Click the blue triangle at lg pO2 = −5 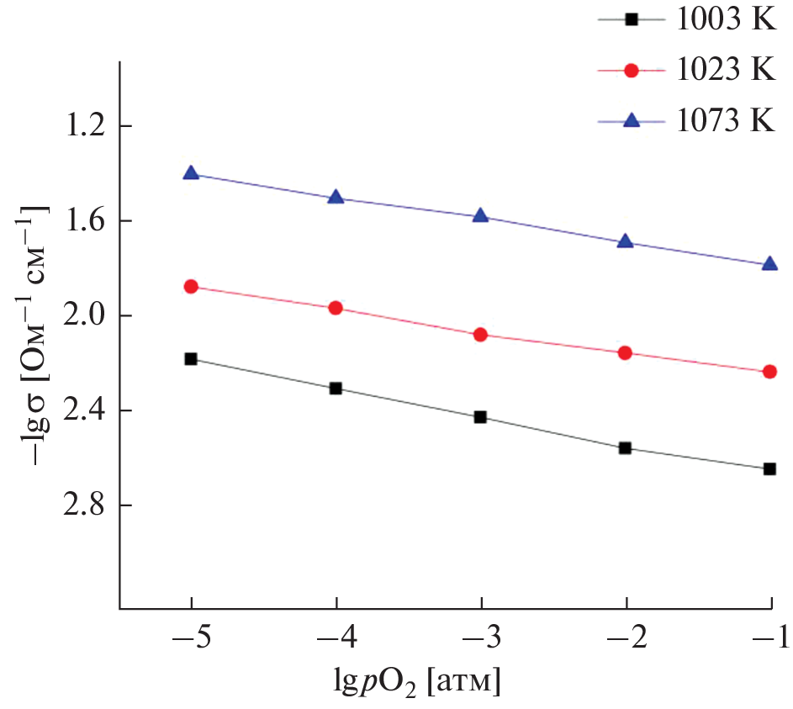(191, 173)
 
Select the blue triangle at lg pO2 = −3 (481, 215)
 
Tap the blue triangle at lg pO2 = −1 (769, 264)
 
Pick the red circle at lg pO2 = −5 (191, 287)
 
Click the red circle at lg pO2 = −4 (336, 308)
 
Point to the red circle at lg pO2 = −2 (625, 352)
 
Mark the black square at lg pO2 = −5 (191, 359)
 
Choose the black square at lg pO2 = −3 (481, 417)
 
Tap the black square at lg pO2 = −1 (769, 469)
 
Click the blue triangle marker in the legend (632, 121)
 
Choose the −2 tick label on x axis (625, 638)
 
